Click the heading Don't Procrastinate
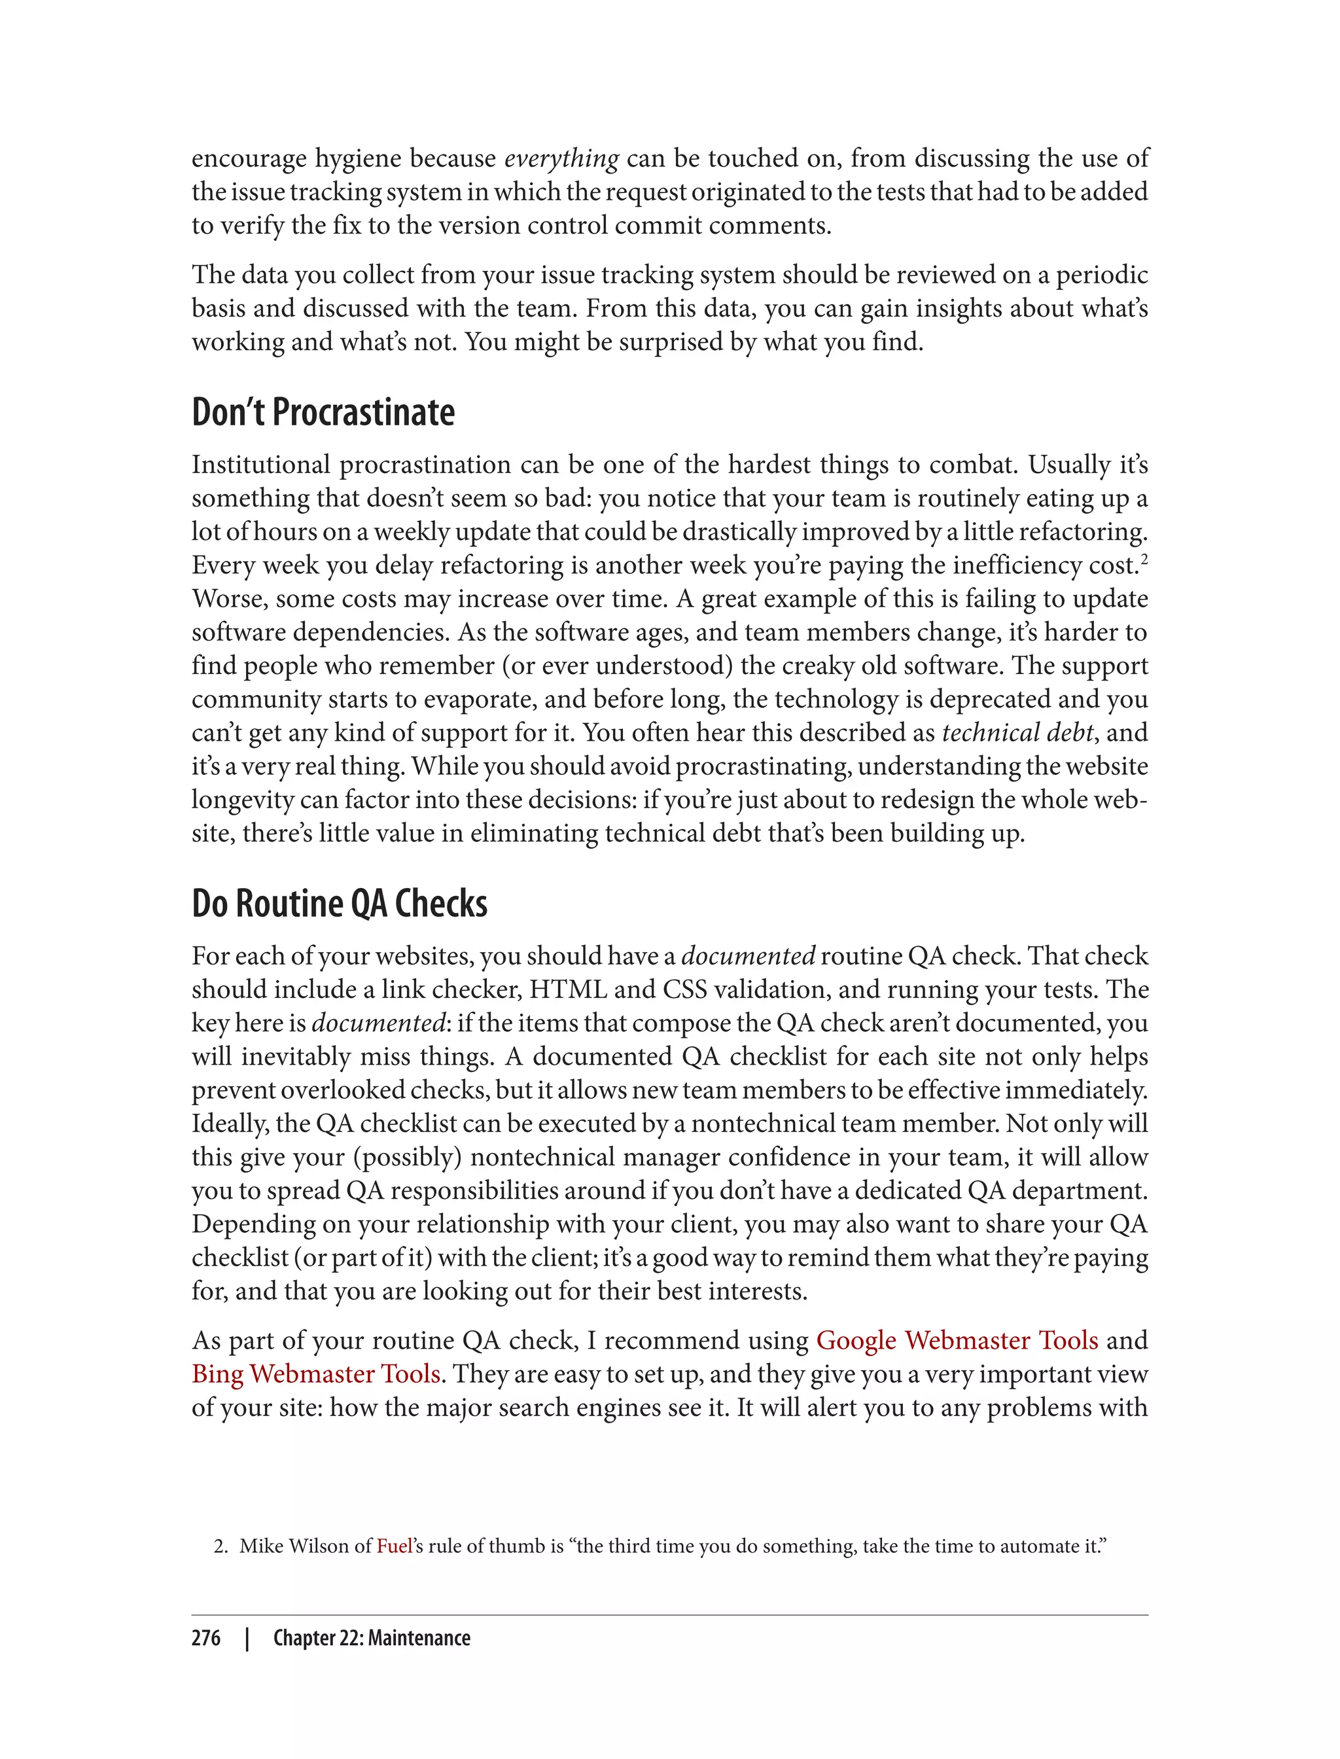coord(323,412)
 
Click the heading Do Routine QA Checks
coord(339,904)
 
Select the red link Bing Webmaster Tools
coord(316,1374)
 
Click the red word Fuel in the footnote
coord(394,1546)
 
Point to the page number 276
coord(206,1639)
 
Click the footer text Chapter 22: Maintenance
coord(372,1639)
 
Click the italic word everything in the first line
coord(561,159)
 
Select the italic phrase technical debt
coord(1017,732)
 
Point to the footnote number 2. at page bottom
coord(221,1547)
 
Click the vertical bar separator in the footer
coord(247,1639)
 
